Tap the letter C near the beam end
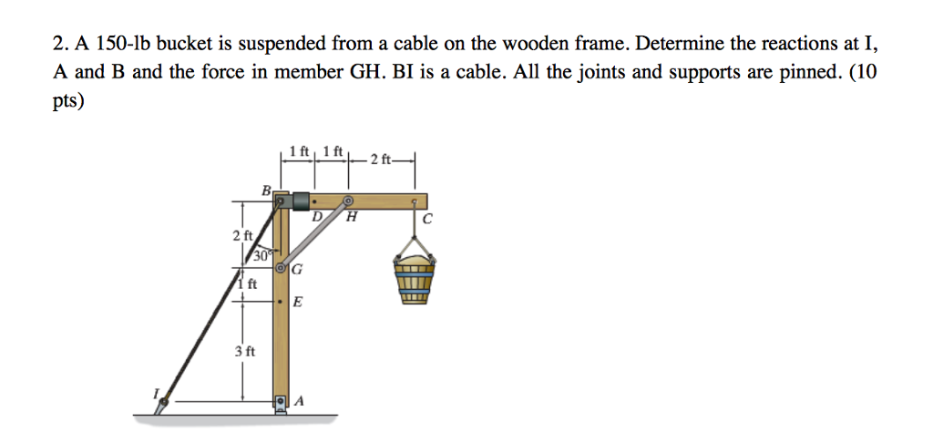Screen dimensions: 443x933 [426, 219]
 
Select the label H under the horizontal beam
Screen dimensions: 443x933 [351, 218]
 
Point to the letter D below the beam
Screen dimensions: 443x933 [316, 218]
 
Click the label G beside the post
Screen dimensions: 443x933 [298, 269]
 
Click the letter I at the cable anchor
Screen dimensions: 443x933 [155, 392]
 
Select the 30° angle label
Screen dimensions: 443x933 [261, 256]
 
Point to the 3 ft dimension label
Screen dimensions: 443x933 [245, 350]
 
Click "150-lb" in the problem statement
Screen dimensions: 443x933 [110, 44]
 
